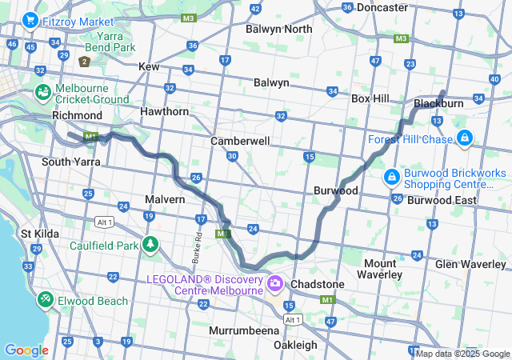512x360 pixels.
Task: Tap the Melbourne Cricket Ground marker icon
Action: (x=42, y=93)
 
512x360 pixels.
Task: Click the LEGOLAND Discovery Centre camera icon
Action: (x=276, y=282)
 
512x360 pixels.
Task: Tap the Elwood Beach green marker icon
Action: (x=46, y=300)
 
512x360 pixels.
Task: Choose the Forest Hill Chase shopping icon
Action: (x=464, y=139)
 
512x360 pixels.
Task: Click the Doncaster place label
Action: (x=382, y=7)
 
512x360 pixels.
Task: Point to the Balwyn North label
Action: (x=279, y=30)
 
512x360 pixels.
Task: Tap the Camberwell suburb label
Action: (x=240, y=141)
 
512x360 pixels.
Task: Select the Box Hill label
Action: (x=370, y=98)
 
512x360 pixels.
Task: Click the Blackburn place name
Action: (x=439, y=103)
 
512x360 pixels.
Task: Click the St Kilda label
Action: (x=38, y=234)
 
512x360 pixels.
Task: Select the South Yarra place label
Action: (x=70, y=162)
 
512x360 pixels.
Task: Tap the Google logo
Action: (x=26, y=350)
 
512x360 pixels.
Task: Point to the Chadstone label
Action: (x=318, y=284)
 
